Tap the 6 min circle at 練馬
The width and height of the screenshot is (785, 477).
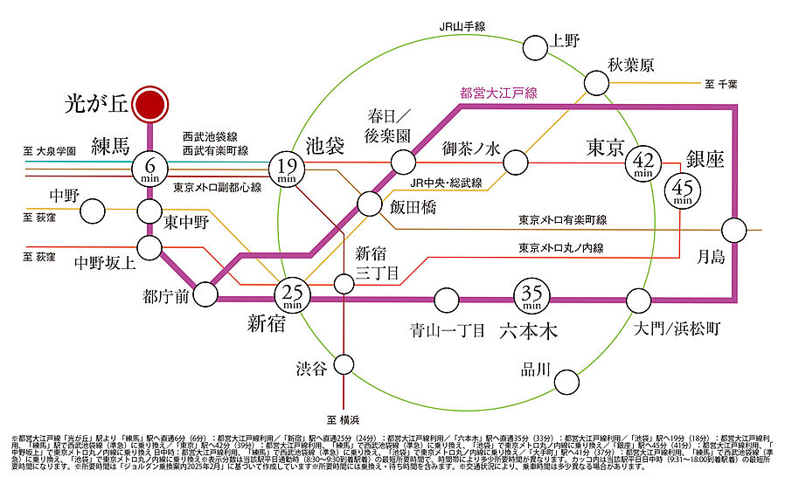[x=151, y=167]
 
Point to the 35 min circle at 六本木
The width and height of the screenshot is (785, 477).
[x=531, y=298]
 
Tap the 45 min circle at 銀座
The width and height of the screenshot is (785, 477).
[x=682, y=189]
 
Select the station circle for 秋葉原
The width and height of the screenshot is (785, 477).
[x=596, y=83]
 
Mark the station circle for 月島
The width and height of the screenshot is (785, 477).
[x=733, y=230]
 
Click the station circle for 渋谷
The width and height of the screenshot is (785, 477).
[x=346, y=364]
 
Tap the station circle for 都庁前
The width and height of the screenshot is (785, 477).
[x=206, y=294]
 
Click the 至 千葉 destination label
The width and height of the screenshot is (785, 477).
[x=721, y=84]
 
